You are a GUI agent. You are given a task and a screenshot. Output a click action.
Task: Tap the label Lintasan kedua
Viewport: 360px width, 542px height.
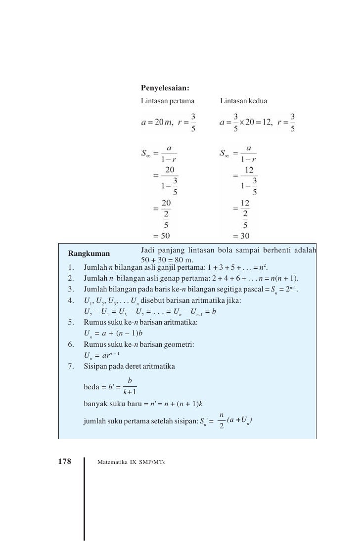243,101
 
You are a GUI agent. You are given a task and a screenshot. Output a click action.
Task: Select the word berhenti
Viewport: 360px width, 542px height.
272,251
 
